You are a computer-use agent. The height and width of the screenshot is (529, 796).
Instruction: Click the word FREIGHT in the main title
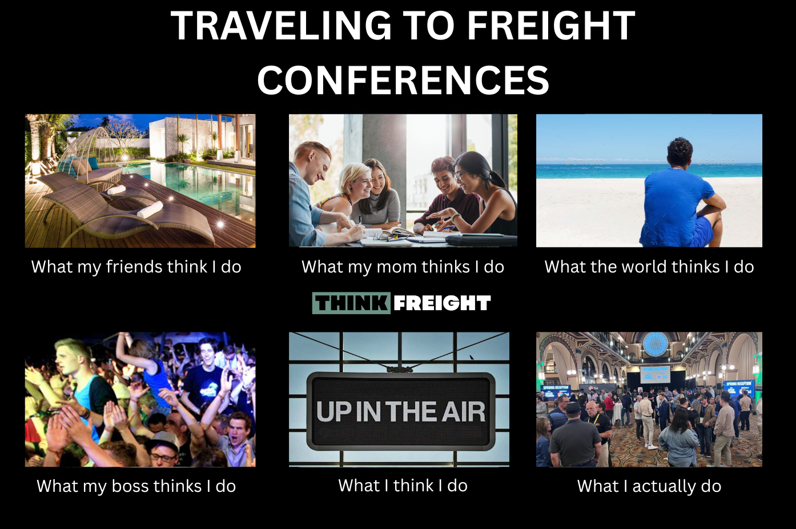(551, 26)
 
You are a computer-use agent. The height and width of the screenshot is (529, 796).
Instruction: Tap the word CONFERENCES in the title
(403, 80)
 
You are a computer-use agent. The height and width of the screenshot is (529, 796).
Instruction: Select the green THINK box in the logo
(351, 303)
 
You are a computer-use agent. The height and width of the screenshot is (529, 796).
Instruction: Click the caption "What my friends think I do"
(136, 267)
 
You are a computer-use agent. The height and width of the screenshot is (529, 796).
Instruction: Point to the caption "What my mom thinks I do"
(403, 267)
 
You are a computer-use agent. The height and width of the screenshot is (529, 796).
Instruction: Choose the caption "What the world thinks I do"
(649, 267)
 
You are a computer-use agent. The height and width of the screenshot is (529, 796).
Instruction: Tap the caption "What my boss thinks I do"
(136, 486)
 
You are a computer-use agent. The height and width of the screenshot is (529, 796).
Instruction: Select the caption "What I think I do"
(403, 486)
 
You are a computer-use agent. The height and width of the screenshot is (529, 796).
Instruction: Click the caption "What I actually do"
(649, 486)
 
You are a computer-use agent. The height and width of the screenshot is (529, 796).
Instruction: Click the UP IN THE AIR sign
(401, 412)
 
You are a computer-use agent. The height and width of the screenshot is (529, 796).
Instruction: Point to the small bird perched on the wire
(472, 358)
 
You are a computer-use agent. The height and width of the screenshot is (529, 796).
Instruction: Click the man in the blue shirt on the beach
(681, 195)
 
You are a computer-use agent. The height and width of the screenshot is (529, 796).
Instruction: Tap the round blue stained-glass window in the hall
(656, 344)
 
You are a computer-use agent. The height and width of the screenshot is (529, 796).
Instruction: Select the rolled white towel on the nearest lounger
(150, 210)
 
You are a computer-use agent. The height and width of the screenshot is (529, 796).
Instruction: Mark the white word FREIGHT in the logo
(442, 303)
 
